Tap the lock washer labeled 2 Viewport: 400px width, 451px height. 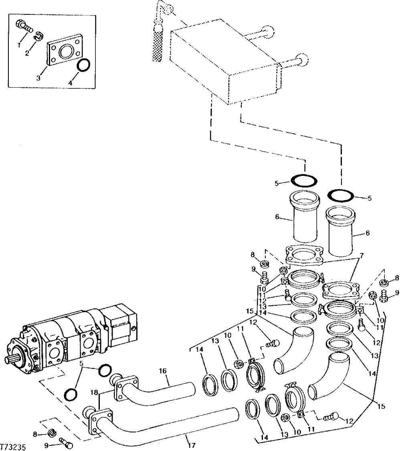coord(38,36)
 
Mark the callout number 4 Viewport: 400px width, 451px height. coord(71,84)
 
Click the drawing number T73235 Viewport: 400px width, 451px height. coord(14,446)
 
